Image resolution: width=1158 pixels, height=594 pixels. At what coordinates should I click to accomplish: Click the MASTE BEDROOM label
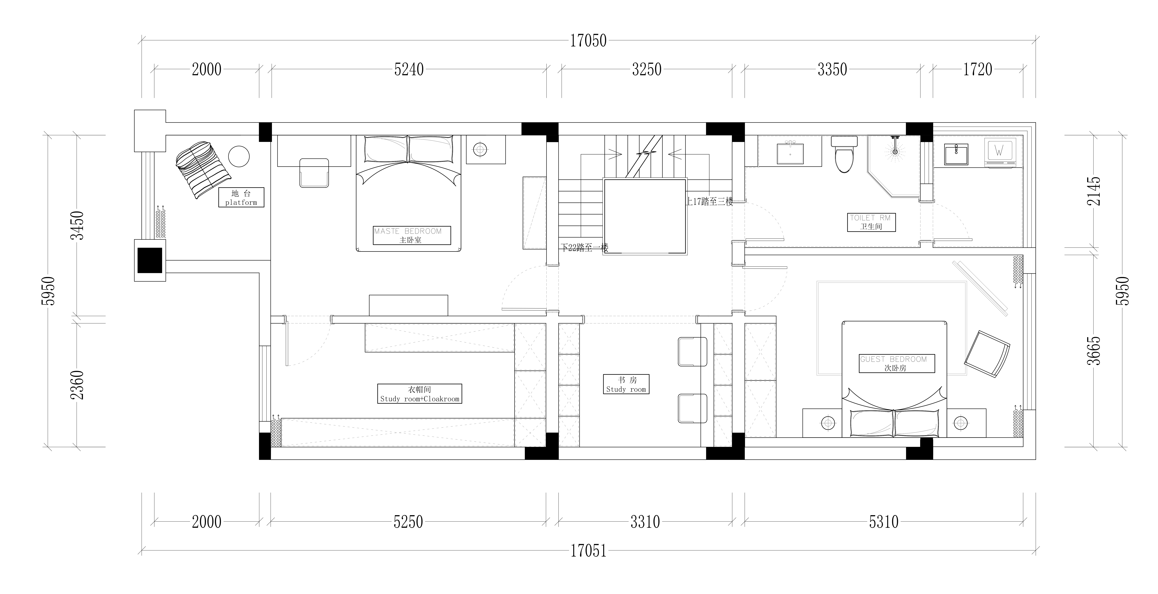(411, 235)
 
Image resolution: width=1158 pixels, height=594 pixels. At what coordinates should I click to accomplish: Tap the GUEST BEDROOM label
(896, 363)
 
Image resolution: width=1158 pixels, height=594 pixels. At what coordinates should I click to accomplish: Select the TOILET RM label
(871, 222)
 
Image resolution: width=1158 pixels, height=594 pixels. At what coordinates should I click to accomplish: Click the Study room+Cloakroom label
(419, 394)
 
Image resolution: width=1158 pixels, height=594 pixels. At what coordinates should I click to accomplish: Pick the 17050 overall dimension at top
(588, 41)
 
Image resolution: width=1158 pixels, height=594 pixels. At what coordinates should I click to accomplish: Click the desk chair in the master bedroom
(314, 173)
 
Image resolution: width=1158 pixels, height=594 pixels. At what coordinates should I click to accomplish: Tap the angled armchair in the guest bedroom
(987, 353)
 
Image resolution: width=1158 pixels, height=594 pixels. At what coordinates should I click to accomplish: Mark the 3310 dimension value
(645, 522)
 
